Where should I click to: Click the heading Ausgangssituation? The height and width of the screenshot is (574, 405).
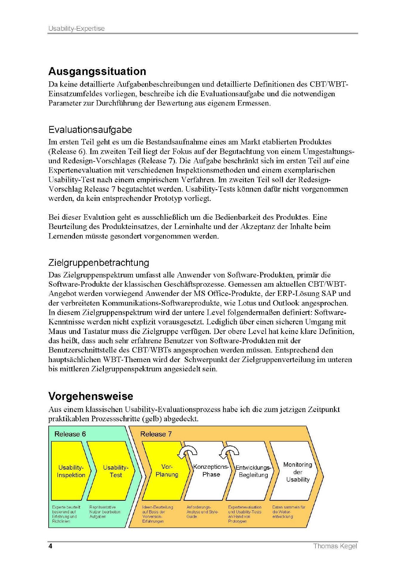[97, 71]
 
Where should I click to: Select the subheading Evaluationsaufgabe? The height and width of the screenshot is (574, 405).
[90, 130]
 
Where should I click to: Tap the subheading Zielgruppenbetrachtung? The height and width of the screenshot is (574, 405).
[98, 263]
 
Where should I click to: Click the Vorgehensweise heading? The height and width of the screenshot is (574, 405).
[91, 396]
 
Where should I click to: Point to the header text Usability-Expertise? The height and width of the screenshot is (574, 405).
[76, 29]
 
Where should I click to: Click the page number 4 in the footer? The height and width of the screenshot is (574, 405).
[50, 546]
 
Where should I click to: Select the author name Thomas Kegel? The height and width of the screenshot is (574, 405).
[335, 546]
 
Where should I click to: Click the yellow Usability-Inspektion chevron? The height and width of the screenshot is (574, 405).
[71, 471]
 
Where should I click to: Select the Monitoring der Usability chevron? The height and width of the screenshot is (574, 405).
[298, 472]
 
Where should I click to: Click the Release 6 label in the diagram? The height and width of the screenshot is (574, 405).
[70, 434]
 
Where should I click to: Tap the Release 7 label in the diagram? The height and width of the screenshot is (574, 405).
[156, 434]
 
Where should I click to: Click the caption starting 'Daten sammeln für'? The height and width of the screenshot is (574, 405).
[289, 512]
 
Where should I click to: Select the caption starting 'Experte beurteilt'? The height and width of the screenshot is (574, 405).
[66, 514]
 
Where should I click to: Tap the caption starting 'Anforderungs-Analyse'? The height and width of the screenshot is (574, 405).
[202, 512]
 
